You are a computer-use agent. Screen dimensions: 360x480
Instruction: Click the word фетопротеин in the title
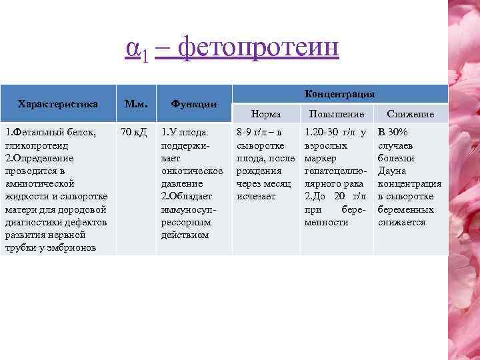(x=260, y=48)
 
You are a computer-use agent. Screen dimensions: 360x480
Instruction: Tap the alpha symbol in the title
(x=132, y=48)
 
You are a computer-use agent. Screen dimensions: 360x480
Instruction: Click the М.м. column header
(x=136, y=103)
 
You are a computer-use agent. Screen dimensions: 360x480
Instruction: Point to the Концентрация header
(x=339, y=94)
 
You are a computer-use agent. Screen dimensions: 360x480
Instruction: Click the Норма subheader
(x=265, y=114)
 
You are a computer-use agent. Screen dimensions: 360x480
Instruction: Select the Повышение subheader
(x=336, y=114)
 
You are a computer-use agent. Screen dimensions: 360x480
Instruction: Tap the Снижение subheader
(x=410, y=114)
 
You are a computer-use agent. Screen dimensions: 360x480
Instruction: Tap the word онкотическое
(x=192, y=171)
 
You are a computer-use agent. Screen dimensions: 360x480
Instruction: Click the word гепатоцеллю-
(x=334, y=171)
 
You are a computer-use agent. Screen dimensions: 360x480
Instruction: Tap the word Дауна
(x=393, y=171)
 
